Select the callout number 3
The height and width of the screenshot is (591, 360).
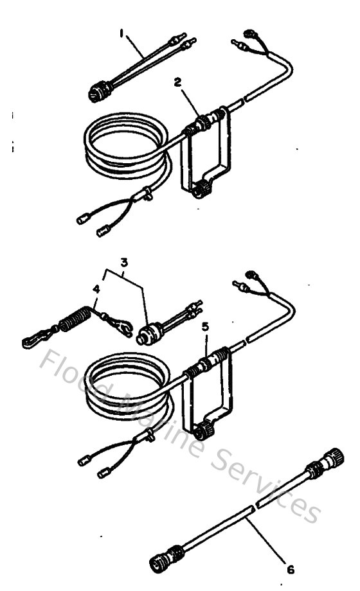pyautogui.click(x=125, y=263)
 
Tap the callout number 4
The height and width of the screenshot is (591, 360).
pyautogui.click(x=96, y=289)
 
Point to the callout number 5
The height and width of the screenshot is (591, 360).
pyautogui.click(x=205, y=327)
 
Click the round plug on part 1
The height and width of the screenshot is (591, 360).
pyautogui.click(x=98, y=94)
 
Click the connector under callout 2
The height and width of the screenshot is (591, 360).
pyautogui.click(x=203, y=121)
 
